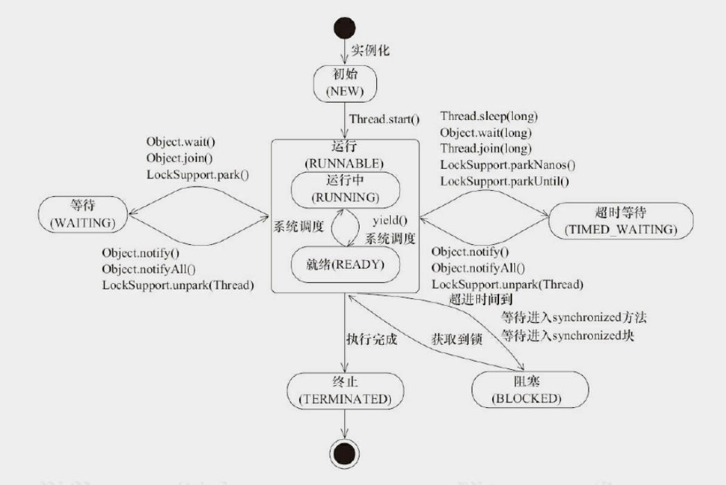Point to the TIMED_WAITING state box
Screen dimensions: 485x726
point(621,221)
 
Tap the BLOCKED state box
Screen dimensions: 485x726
point(529,390)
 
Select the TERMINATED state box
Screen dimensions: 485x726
point(345,390)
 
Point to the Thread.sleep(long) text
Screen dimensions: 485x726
point(489,116)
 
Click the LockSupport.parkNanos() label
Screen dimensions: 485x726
point(508,164)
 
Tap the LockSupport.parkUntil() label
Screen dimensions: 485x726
point(505,181)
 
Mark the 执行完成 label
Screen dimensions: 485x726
point(370,340)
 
